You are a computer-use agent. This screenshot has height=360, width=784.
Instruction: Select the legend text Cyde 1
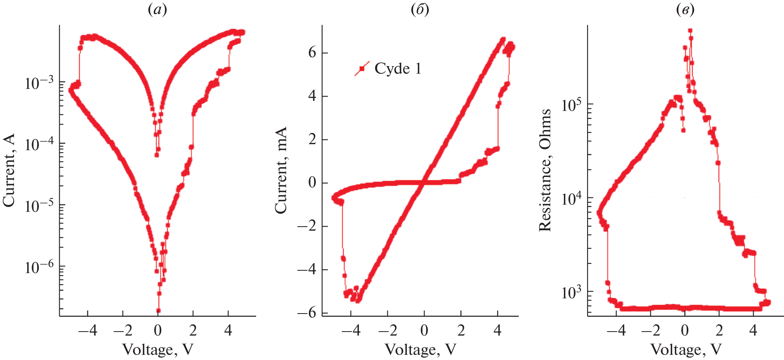point(398,69)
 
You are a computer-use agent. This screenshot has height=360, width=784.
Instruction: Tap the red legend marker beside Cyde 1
point(362,69)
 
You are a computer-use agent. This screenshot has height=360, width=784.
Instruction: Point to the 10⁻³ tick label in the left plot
point(39,83)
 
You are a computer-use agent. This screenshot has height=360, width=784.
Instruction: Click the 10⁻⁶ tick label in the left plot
point(39,267)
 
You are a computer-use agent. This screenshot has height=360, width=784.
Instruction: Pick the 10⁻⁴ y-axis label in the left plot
point(39,144)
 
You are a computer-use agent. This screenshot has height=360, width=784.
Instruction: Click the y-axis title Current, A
point(9,170)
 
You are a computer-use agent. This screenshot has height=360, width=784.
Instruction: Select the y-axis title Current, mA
point(281,170)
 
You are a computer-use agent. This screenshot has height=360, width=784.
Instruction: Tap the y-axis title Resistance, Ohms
point(545,170)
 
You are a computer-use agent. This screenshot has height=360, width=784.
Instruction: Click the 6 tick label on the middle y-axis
point(312,52)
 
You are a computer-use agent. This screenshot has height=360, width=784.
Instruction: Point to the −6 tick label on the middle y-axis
point(307,313)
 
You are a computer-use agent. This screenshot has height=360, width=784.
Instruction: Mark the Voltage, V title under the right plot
point(686,350)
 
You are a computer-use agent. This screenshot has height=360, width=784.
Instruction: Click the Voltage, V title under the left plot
point(157,350)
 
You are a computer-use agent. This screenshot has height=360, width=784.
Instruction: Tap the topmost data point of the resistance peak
point(690,30)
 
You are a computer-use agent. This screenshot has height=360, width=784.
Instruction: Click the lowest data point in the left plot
point(158,310)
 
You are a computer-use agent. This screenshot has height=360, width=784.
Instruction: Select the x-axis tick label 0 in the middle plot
point(424,330)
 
